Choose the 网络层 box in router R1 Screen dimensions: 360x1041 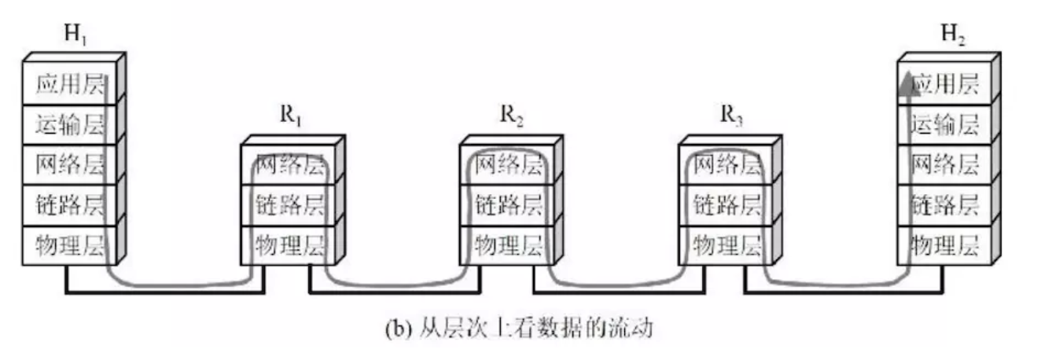pyautogui.click(x=289, y=165)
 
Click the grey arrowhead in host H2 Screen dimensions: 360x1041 pyautogui.click(x=908, y=83)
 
